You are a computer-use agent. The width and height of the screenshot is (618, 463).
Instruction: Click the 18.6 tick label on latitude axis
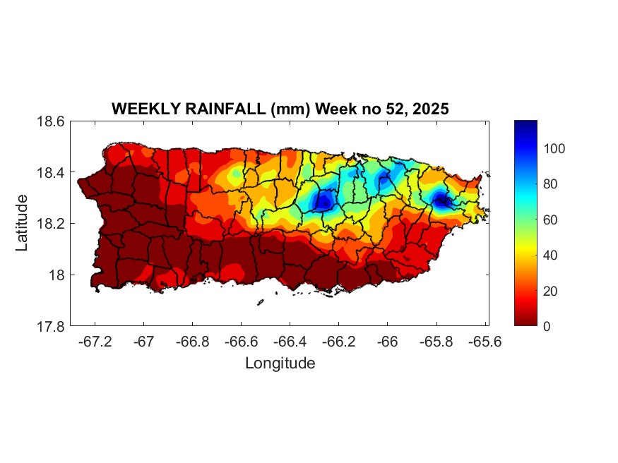(x=52, y=121)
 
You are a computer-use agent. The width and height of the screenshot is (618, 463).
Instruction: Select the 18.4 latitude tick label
(x=52, y=173)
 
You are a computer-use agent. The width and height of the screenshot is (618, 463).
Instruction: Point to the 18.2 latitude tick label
(x=52, y=224)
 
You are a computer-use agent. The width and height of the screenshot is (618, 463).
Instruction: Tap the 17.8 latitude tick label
(x=52, y=327)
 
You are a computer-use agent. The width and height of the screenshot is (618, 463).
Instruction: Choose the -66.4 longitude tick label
(x=290, y=342)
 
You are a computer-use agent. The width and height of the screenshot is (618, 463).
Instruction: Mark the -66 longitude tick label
(x=387, y=342)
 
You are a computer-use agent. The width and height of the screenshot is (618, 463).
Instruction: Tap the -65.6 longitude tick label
(x=485, y=342)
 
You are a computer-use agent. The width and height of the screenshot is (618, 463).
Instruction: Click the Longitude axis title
(x=280, y=363)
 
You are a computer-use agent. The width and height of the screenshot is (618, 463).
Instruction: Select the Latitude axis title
(x=23, y=223)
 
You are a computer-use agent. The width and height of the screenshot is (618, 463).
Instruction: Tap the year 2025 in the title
(x=431, y=109)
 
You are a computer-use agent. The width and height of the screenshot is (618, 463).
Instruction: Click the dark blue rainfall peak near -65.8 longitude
(x=442, y=201)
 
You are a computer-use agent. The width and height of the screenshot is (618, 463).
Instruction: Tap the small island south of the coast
(x=260, y=302)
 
